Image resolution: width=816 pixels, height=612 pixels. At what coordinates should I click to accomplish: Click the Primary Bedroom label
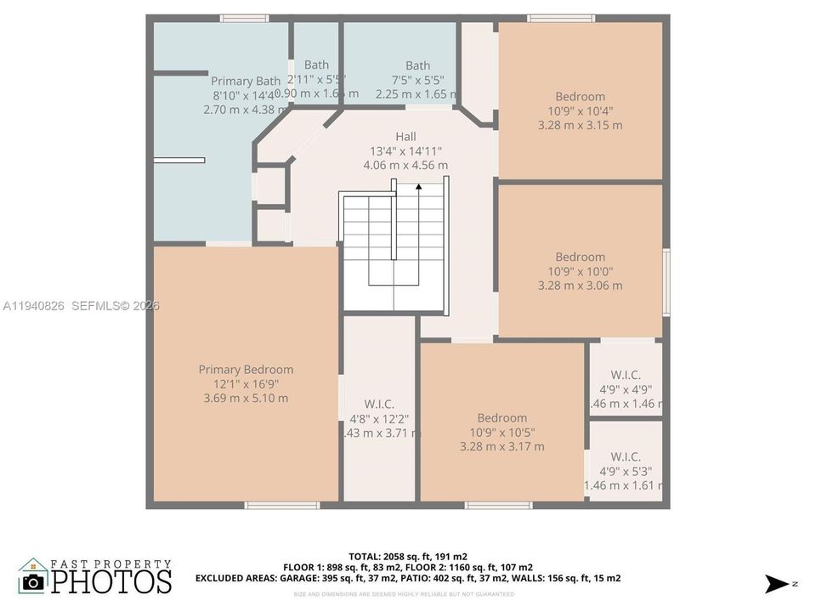pyautogui.click(x=246, y=369)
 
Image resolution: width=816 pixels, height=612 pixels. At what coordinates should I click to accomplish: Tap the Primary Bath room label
pyautogui.click(x=245, y=81)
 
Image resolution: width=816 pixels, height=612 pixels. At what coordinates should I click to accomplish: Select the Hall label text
pyautogui.click(x=405, y=136)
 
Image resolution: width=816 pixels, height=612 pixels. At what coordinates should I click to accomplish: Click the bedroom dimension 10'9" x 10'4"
pyautogui.click(x=581, y=110)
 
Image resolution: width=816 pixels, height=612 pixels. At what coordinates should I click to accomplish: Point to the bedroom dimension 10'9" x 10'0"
pyautogui.click(x=581, y=271)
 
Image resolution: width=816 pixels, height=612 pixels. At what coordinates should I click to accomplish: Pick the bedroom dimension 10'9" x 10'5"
pyautogui.click(x=501, y=432)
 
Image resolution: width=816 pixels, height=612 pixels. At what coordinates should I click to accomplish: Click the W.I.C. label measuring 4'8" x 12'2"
pyautogui.click(x=379, y=404)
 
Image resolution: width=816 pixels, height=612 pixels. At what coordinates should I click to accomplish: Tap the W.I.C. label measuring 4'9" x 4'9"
pyautogui.click(x=626, y=375)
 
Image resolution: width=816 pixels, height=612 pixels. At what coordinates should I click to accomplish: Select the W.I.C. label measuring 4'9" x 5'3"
pyautogui.click(x=626, y=456)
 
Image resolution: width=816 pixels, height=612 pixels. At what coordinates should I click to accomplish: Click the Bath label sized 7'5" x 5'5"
pyautogui.click(x=417, y=65)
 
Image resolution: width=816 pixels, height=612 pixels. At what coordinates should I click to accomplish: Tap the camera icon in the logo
pyautogui.click(x=33, y=581)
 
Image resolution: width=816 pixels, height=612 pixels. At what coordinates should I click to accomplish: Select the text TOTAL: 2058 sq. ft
pyautogui.click(x=384, y=556)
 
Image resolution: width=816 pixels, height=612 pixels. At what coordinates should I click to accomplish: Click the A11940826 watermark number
pyautogui.click(x=35, y=306)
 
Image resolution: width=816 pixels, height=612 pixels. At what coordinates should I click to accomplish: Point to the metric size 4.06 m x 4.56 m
pyautogui.click(x=405, y=165)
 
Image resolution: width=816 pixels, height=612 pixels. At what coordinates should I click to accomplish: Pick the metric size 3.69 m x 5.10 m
pyautogui.click(x=246, y=398)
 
